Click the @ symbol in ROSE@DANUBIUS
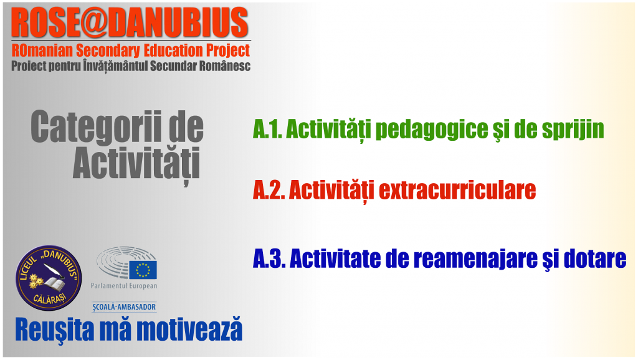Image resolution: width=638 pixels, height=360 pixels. [93, 23]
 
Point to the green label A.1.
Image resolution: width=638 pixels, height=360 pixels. [267, 130]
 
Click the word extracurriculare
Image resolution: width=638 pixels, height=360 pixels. [457, 190]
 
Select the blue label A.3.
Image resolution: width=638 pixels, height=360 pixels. [269, 258]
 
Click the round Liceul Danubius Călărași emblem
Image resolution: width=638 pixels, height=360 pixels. [49, 277]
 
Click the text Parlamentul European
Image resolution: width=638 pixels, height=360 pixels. [124, 285]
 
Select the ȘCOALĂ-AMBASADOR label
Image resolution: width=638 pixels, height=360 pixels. [124, 307]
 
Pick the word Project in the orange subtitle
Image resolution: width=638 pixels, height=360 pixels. [228, 51]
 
